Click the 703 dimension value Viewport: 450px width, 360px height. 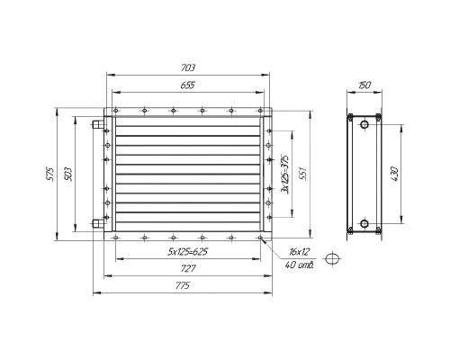(x=188, y=67)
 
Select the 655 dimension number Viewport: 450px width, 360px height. (x=188, y=85)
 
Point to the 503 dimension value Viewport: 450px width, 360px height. (x=68, y=174)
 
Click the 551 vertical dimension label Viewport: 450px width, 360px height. (x=303, y=174)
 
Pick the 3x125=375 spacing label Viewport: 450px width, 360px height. (x=284, y=175)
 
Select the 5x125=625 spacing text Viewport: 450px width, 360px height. (x=188, y=251)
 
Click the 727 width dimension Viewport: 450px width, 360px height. (x=188, y=268)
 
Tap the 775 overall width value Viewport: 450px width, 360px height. (x=183, y=285)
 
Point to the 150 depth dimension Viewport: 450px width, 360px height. (x=364, y=85)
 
